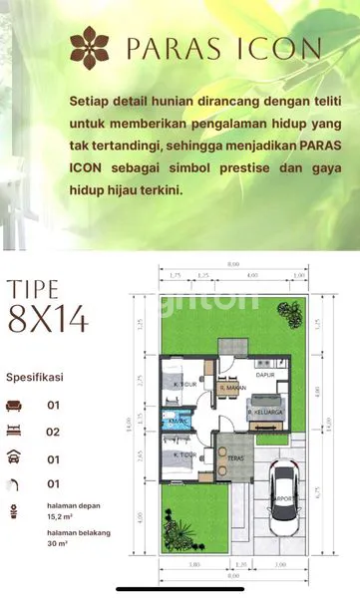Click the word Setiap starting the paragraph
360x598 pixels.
91,102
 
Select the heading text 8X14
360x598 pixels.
48,320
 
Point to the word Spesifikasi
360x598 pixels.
39,379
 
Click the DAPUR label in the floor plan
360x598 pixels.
264,376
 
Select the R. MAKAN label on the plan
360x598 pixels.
233,388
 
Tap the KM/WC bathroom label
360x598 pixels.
180,422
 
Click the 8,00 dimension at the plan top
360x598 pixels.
233,264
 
